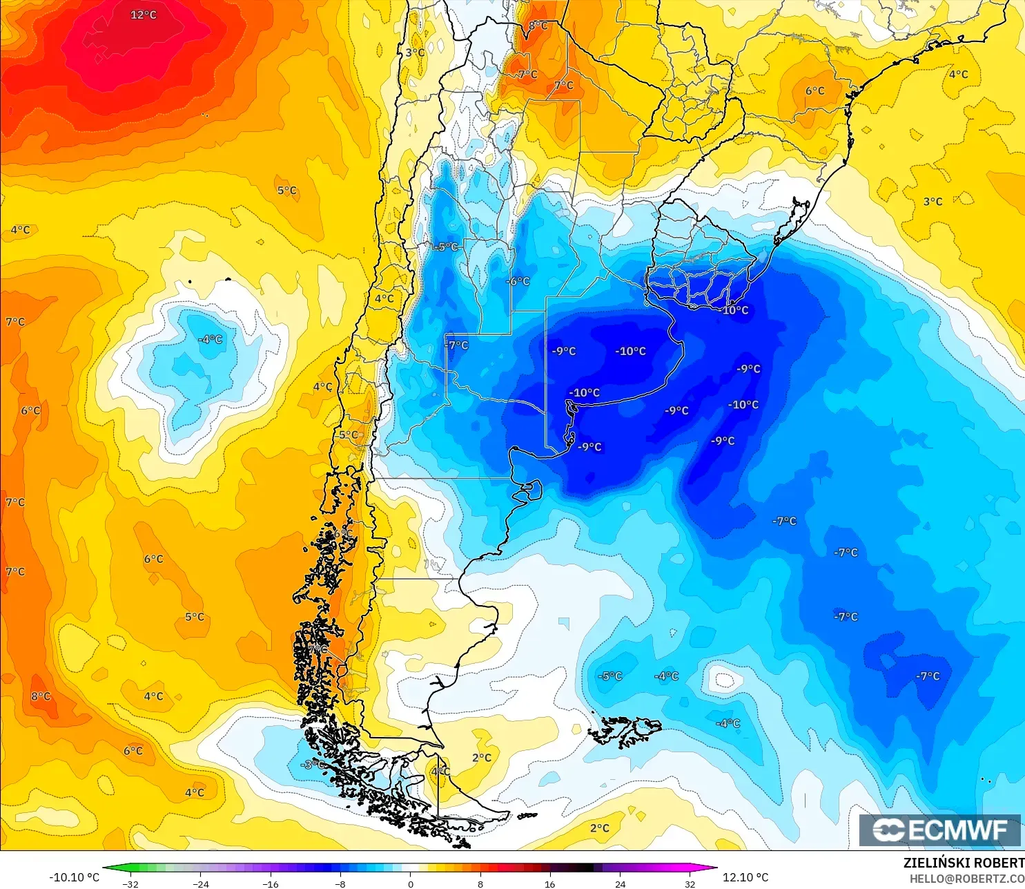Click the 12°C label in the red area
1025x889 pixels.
pyautogui.click(x=144, y=15)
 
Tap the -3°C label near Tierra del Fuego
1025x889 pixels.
pyautogui.click(x=313, y=764)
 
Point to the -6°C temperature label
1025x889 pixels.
pyautogui.click(x=518, y=281)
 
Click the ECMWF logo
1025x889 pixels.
pyautogui.click(x=939, y=830)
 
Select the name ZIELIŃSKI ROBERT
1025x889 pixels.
pyautogui.click(x=964, y=863)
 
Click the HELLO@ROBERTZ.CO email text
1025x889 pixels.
pyautogui.click(x=966, y=879)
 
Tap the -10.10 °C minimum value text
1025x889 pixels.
pyautogui.click(x=74, y=877)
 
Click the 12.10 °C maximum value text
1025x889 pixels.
pyautogui.click(x=745, y=877)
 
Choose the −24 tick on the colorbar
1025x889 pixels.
pyautogui.click(x=200, y=883)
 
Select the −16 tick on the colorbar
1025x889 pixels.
pyautogui.click(x=271, y=883)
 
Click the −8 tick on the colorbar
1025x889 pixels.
pyautogui.click(x=340, y=883)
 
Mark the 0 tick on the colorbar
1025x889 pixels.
pyautogui.click(x=411, y=883)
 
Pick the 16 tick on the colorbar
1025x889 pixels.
pyautogui.click(x=550, y=883)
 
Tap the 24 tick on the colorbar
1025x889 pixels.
pyautogui.click(x=620, y=883)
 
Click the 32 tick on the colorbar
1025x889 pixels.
pyautogui.click(x=690, y=883)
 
